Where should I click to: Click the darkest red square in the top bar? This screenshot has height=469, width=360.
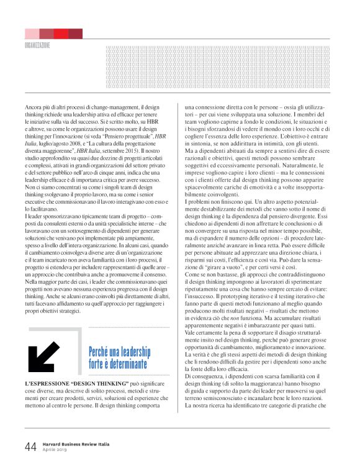[x=75, y=34]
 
